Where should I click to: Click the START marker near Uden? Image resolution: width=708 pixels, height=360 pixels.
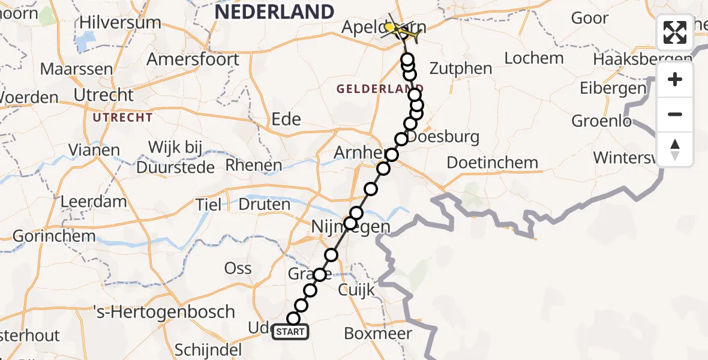[x=290, y=331]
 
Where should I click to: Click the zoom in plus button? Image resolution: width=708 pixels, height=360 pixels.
[x=675, y=80]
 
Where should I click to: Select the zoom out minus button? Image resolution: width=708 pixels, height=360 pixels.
[x=675, y=115]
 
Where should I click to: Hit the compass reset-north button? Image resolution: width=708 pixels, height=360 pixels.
[x=675, y=149]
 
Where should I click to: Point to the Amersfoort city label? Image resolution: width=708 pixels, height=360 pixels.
[x=193, y=59]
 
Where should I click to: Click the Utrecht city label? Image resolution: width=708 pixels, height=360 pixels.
[x=103, y=95]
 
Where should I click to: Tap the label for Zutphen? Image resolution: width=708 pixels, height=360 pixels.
[x=461, y=68]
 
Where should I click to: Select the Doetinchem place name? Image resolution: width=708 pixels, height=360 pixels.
[x=492, y=163]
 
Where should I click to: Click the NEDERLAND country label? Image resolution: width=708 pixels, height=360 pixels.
[x=274, y=11]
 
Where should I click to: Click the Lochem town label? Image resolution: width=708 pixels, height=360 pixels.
[x=534, y=58]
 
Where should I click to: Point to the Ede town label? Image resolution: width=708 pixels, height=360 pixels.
[x=286, y=119]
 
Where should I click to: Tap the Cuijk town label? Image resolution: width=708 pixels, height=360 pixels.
[x=356, y=290]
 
